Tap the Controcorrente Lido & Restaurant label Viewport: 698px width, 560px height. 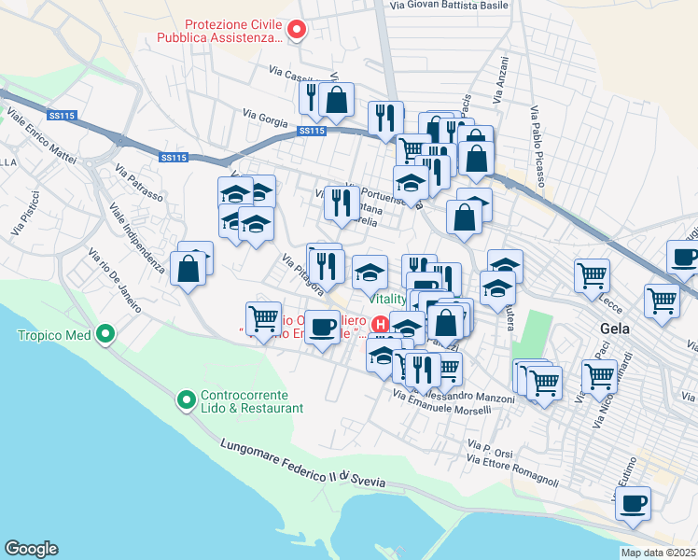point(252,401)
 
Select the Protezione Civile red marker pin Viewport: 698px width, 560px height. point(298,31)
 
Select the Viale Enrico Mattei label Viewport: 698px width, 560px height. point(42,137)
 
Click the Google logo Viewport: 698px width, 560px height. point(31,549)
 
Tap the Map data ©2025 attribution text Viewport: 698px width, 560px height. point(659,553)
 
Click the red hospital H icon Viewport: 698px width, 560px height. point(380,324)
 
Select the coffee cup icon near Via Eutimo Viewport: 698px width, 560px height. point(634,502)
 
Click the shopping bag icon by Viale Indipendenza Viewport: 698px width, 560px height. point(188,269)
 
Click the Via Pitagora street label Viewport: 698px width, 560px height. point(304,271)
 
